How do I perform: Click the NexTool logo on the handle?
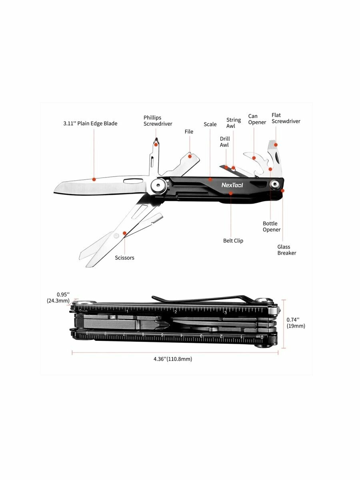point(232,185)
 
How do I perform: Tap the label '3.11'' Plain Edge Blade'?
point(90,124)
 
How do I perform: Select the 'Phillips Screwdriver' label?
point(158,121)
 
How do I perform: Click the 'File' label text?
point(189,132)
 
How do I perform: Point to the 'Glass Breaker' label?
point(286,250)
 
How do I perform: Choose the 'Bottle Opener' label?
point(272,227)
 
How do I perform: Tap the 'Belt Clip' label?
point(233,241)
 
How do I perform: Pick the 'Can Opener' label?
point(257,119)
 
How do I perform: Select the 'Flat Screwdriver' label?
point(286,118)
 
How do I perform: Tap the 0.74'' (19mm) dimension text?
point(296,323)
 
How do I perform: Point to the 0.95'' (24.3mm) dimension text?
point(58,298)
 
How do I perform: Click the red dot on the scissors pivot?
point(125,232)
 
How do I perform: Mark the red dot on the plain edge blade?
point(94,179)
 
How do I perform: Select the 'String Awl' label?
point(234,123)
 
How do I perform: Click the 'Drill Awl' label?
point(225,142)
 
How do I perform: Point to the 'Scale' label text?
point(210,124)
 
